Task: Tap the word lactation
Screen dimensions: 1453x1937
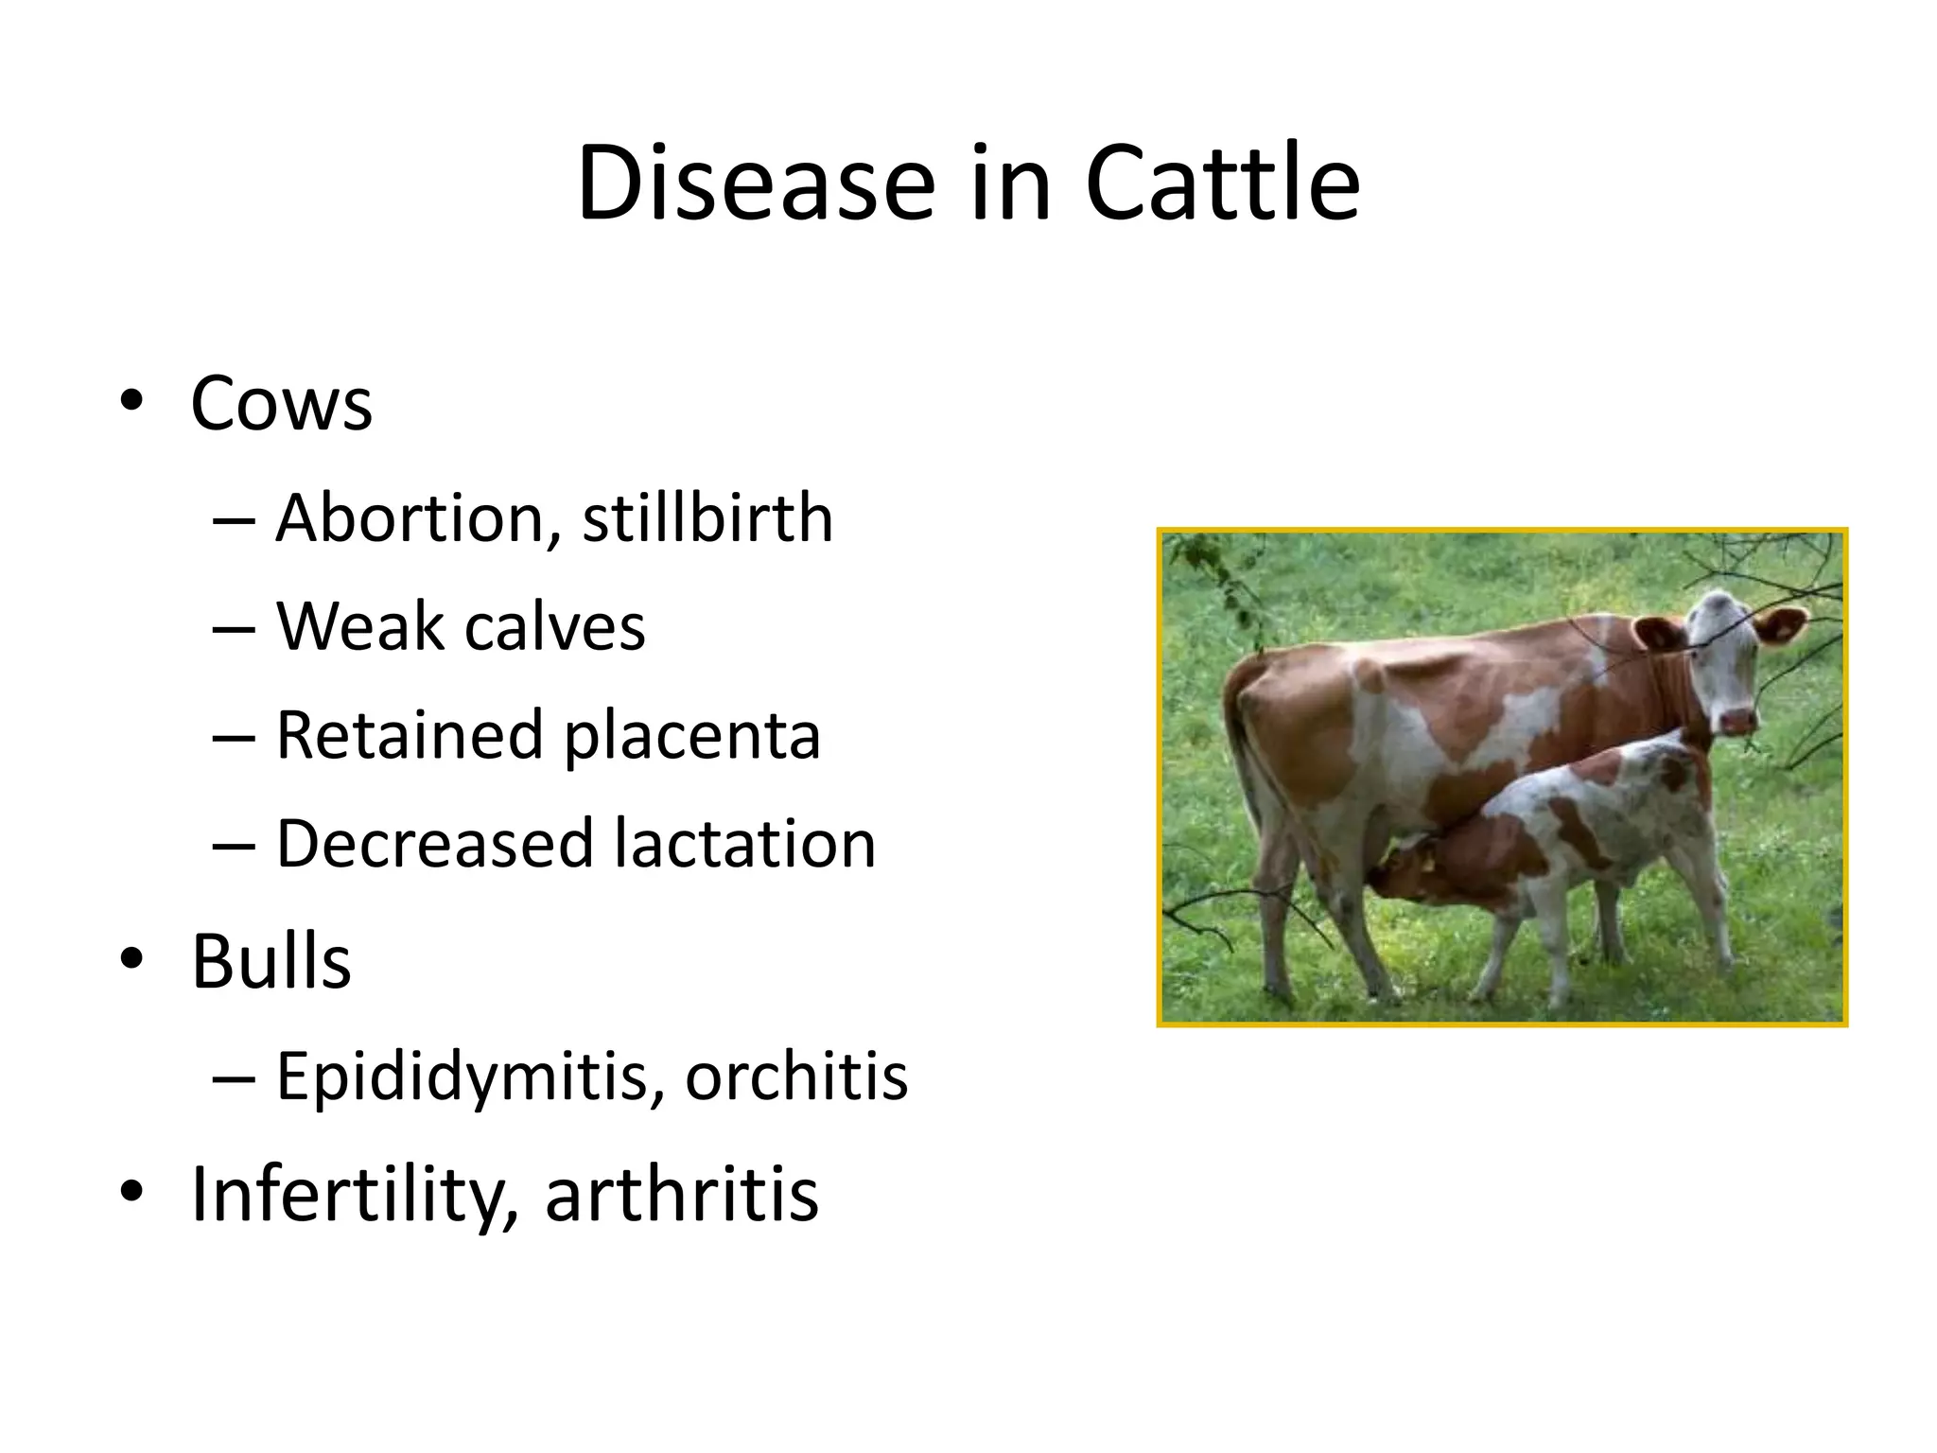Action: (744, 843)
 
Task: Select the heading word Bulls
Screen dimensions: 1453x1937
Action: (271, 962)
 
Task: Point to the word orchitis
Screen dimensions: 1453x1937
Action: (796, 1076)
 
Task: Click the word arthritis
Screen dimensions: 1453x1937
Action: (681, 1194)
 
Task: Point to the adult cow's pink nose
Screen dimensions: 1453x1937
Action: (1737, 721)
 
